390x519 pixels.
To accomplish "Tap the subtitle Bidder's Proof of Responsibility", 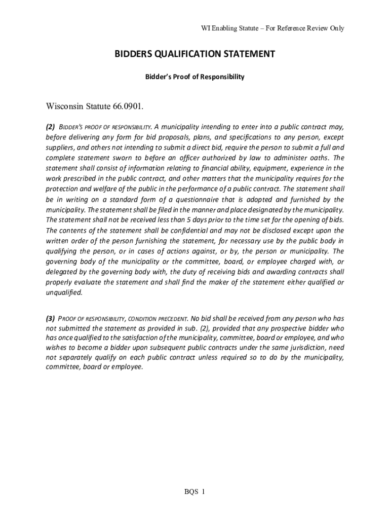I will coord(195,77).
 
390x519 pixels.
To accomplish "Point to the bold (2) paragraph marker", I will coord(50,127).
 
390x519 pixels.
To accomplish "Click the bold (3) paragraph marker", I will coord(50,319).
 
